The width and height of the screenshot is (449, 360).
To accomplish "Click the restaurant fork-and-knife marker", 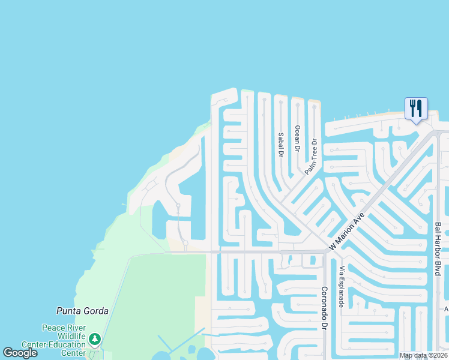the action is (x=416, y=109).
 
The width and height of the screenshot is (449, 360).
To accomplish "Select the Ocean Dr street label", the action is (x=297, y=138).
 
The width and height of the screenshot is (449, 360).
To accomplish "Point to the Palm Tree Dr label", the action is (x=310, y=157).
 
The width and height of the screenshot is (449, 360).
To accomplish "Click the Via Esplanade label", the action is (x=342, y=287).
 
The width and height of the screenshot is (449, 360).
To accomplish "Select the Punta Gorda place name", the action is (x=82, y=311).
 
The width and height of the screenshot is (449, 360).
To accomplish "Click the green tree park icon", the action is (x=94, y=340).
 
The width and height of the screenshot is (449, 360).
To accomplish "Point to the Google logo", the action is (x=20, y=353).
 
